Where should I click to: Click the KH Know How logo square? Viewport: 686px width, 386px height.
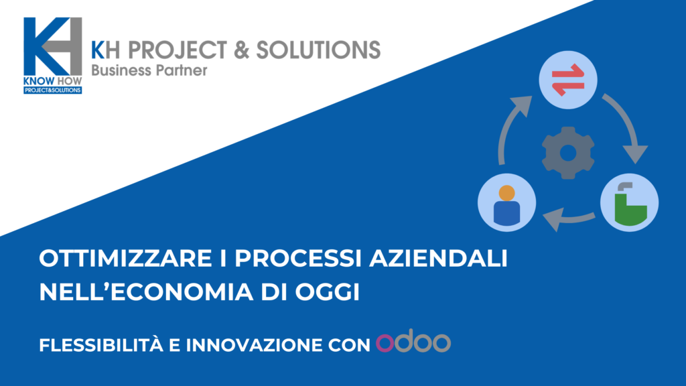click(x=52, y=56)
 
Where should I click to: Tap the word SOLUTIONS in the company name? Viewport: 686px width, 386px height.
click(x=318, y=50)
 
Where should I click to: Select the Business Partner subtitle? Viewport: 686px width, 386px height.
click(x=149, y=70)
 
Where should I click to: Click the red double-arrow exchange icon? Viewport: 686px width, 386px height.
click(x=568, y=80)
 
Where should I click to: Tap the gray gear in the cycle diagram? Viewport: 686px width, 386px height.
click(x=568, y=153)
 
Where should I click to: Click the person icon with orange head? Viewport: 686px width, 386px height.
click(x=506, y=202)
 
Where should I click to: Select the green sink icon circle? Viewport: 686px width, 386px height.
click(x=630, y=202)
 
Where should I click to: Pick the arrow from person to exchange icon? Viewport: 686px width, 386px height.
click(x=508, y=127)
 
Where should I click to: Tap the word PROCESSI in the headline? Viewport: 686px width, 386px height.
click(x=298, y=258)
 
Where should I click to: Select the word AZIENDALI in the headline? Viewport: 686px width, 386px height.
click(x=438, y=258)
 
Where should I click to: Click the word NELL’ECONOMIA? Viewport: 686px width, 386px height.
click(x=146, y=292)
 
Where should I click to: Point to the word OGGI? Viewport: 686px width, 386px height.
click(x=327, y=292)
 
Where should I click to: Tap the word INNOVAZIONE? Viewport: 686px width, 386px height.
click(x=254, y=345)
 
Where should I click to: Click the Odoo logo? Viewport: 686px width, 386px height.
click(x=413, y=341)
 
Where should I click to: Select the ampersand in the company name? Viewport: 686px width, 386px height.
click(x=241, y=50)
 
